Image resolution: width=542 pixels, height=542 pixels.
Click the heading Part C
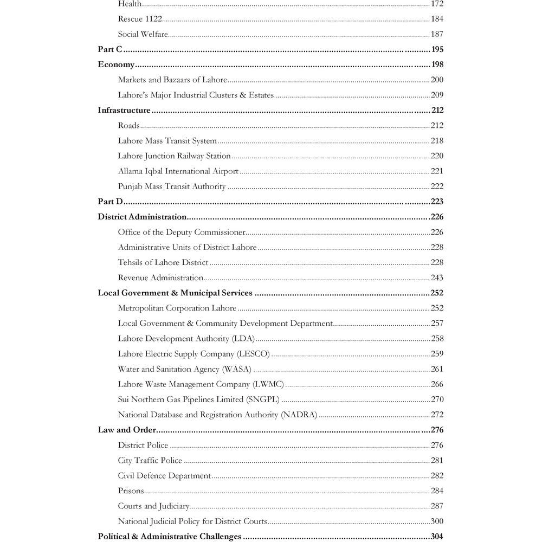point(110,49)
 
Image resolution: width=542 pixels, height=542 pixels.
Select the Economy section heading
point(115,64)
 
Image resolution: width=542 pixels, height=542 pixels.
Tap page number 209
point(437,95)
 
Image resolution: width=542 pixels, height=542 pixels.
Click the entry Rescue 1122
point(139,19)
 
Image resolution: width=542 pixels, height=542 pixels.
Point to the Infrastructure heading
point(124,111)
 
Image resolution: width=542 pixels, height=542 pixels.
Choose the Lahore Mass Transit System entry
point(167,141)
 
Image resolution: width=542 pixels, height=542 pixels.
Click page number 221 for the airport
point(437,171)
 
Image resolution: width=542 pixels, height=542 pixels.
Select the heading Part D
point(111,202)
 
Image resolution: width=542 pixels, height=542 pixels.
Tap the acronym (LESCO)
point(253,354)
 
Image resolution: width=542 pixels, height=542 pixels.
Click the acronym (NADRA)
point(299,415)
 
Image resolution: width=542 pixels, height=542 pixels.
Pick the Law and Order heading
point(127,430)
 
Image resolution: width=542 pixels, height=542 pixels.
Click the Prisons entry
point(131,491)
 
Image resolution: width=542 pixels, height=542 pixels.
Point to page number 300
point(437,521)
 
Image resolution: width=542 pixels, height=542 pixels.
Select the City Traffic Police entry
point(150,461)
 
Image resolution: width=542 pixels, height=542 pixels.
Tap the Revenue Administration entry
point(160,278)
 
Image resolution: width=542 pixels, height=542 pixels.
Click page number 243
point(437,278)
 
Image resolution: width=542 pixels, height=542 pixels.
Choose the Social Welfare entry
point(143,34)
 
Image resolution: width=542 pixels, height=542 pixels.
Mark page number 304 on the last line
point(437,537)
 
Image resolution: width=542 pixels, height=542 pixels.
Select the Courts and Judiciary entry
point(153,506)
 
